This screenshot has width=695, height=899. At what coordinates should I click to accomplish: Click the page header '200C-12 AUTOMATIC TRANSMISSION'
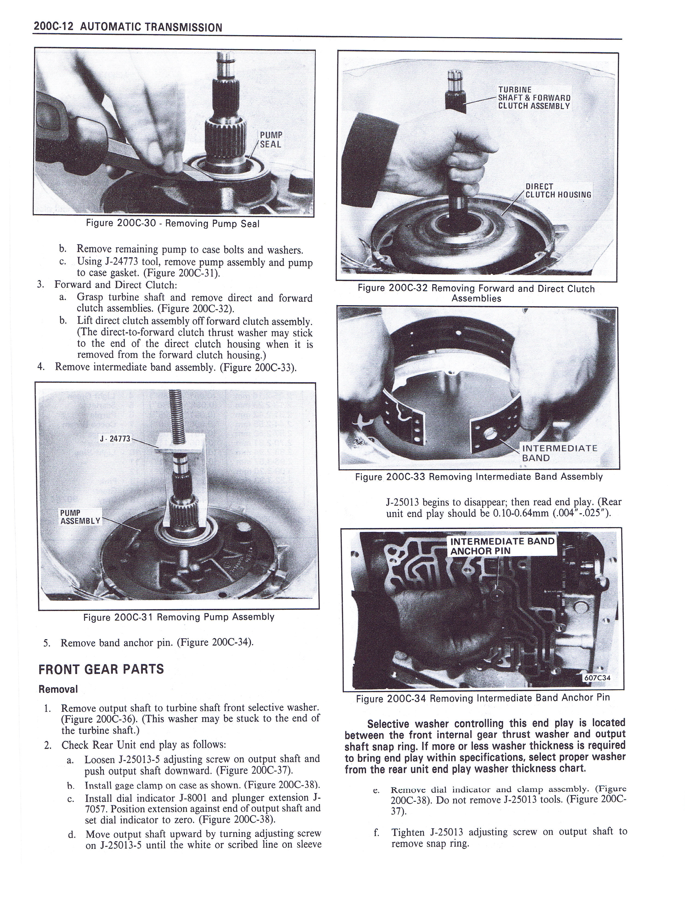[128, 27]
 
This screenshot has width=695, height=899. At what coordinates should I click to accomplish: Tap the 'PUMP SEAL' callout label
[270, 139]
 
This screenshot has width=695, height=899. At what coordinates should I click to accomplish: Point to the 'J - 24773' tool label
[115, 439]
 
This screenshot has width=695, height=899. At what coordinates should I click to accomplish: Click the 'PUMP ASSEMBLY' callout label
[80, 517]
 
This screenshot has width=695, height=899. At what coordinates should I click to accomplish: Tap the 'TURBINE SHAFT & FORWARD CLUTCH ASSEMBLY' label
[534, 98]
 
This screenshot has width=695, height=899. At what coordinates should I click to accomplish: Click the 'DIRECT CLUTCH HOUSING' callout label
[558, 191]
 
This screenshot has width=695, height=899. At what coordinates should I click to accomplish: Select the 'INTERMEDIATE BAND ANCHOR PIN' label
[502, 546]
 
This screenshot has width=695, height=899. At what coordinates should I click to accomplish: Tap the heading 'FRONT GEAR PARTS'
[101, 669]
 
